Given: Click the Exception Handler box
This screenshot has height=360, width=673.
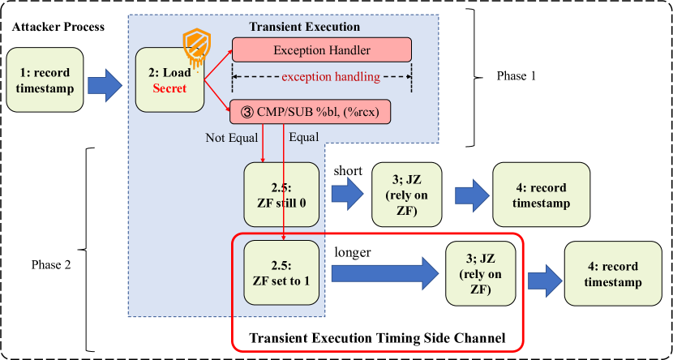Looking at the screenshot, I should (322, 50).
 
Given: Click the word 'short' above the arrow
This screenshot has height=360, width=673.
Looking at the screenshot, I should (347, 171).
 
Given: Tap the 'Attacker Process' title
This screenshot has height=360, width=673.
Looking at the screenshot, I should (58, 27).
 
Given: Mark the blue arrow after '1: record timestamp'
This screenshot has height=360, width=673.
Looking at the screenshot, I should (105, 84).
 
